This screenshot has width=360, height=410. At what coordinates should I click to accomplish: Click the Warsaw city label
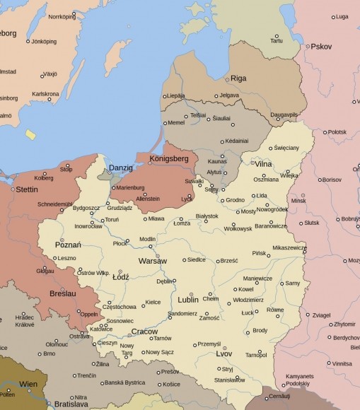click(x=152, y=261)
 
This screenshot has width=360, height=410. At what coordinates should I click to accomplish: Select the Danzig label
click(x=120, y=168)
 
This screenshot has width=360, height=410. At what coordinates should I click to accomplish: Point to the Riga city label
click(x=238, y=78)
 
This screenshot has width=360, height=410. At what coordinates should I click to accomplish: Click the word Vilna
click(x=264, y=164)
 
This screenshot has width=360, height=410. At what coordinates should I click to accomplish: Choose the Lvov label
click(x=224, y=354)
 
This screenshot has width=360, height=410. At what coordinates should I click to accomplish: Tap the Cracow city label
click(x=144, y=331)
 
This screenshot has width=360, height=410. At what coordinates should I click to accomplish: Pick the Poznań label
click(x=67, y=245)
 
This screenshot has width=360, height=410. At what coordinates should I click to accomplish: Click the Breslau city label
click(x=63, y=293)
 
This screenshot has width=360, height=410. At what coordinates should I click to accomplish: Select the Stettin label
click(x=26, y=189)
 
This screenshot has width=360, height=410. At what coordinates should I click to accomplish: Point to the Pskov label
click(x=321, y=47)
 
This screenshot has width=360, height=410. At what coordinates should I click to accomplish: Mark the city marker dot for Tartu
click(x=276, y=36)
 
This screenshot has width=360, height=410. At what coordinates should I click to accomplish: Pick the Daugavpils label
click(x=283, y=114)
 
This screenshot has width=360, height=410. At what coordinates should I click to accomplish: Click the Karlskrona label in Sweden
click(x=45, y=93)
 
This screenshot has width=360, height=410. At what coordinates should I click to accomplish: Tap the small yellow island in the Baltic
click(x=30, y=134)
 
